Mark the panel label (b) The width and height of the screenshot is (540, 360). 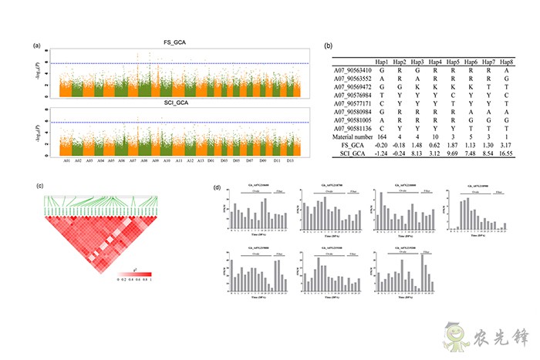[x=329, y=49]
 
